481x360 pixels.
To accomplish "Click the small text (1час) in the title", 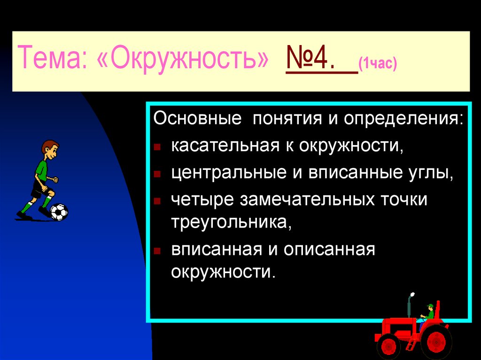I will (377, 63).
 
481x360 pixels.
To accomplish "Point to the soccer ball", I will (59, 212).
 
